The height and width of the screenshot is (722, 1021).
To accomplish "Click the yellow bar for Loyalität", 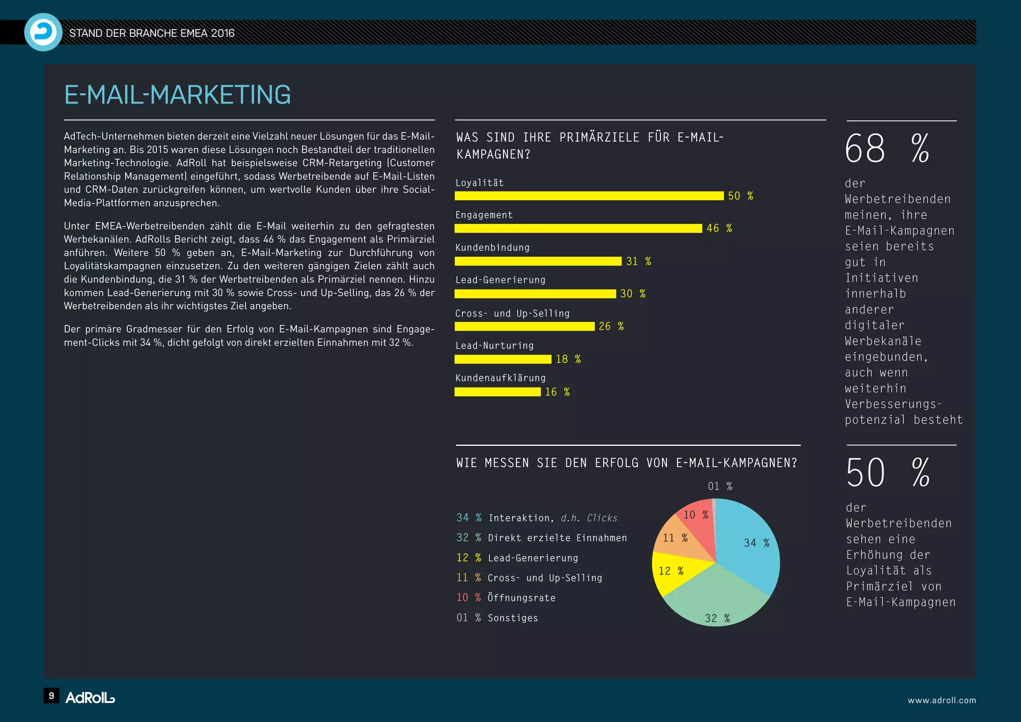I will pos(589,195).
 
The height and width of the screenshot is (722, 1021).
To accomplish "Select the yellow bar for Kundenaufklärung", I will pos(497,392).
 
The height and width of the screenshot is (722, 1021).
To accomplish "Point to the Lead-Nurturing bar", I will pos(503,359).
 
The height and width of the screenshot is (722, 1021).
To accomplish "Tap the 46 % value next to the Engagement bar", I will pos(719,228).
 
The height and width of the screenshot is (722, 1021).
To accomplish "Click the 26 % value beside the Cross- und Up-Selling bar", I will pos(611,326).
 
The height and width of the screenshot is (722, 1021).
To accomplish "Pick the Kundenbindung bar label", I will pos(493,247).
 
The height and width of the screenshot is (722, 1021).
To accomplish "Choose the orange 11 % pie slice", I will pos(681,541).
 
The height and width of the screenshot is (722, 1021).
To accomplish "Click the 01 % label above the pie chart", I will pos(720,486).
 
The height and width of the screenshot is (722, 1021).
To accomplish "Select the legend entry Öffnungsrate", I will pos(521,598).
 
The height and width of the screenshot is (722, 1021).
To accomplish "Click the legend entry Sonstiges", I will pos(512,618).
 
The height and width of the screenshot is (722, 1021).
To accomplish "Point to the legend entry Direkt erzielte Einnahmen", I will pos(557,538).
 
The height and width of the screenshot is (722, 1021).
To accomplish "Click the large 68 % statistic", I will pos(887,149).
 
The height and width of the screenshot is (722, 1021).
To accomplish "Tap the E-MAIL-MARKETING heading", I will pos(177,95).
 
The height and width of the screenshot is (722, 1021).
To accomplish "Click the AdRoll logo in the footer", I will pos(90,698).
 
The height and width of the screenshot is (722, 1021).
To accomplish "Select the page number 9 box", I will pos(51,696).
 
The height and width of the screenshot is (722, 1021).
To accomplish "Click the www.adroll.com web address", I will pos(942,700).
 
